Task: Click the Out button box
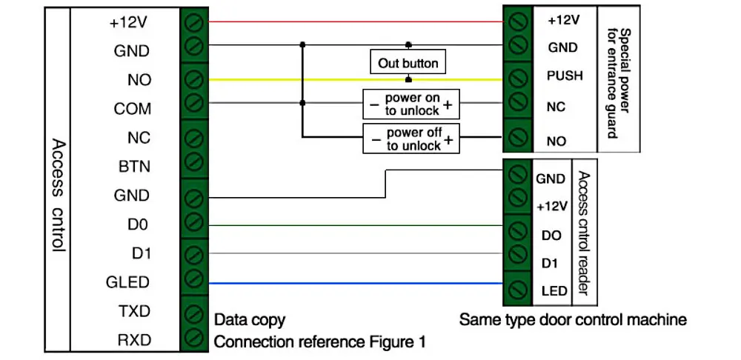[x=408, y=62]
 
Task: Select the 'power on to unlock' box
[x=411, y=104]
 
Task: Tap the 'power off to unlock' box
[x=411, y=138]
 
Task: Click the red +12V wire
[x=356, y=21]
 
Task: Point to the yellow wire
[x=356, y=80]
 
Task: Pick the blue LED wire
[x=356, y=284]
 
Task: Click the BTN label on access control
[x=134, y=167]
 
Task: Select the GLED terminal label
[x=127, y=282]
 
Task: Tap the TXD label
[x=133, y=311]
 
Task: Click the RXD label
[x=133, y=341]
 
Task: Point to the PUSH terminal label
[x=565, y=76]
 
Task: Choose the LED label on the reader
[x=554, y=290]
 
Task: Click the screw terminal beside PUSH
[x=518, y=76]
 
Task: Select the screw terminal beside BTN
[x=193, y=162]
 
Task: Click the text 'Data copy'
[x=250, y=320]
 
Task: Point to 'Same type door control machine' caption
[x=573, y=320]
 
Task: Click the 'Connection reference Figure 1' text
[x=320, y=341]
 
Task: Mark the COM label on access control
[x=133, y=109]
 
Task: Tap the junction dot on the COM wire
[x=302, y=102]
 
